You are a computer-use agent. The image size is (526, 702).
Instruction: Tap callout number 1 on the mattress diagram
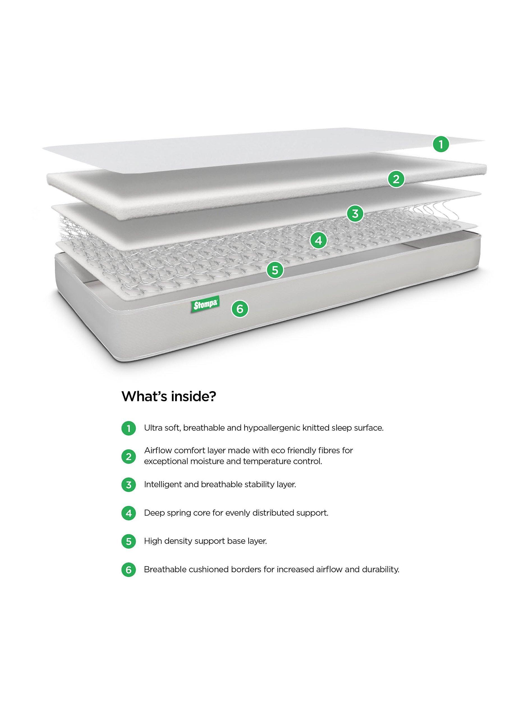441,145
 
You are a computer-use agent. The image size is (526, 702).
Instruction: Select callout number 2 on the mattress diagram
396,179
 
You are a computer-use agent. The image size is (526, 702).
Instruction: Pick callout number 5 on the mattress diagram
275,270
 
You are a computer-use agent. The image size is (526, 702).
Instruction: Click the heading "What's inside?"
169,396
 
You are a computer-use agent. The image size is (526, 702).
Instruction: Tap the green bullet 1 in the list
128,429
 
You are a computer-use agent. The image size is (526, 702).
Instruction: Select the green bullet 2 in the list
128,457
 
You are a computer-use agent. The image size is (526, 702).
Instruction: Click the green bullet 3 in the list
128,485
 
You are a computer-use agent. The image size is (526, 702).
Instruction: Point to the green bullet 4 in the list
128,513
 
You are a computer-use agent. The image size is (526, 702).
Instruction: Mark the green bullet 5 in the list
128,541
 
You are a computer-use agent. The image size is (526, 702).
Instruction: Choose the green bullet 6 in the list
128,570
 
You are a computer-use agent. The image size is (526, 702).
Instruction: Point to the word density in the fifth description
180,541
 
